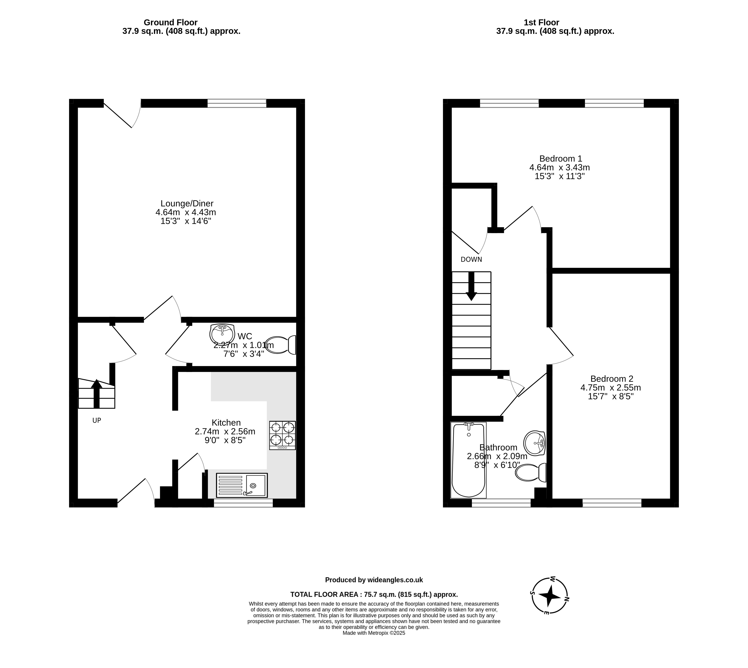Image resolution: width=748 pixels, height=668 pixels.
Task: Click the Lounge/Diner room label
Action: click(x=187, y=203)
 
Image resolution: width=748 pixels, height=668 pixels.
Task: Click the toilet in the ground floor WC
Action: click(x=280, y=345)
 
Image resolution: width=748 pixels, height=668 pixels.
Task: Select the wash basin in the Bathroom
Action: click(x=534, y=443)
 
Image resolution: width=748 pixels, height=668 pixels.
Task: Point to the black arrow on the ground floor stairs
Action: click(x=97, y=394)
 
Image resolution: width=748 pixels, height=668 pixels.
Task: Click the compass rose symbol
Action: click(x=550, y=596)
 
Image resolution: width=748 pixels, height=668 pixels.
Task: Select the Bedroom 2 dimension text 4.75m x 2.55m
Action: click(x=611, y=388)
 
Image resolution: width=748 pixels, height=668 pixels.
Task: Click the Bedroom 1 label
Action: click(x=561, y=159)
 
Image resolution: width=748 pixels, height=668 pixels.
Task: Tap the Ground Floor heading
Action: click(x=170, y=22)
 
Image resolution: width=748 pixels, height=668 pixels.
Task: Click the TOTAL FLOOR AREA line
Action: click(x=374, y=594)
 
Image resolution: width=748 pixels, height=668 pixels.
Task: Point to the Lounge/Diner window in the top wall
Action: click(x=237, y=103)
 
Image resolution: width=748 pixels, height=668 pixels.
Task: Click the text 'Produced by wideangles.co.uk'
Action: click(x=374, y=580)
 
